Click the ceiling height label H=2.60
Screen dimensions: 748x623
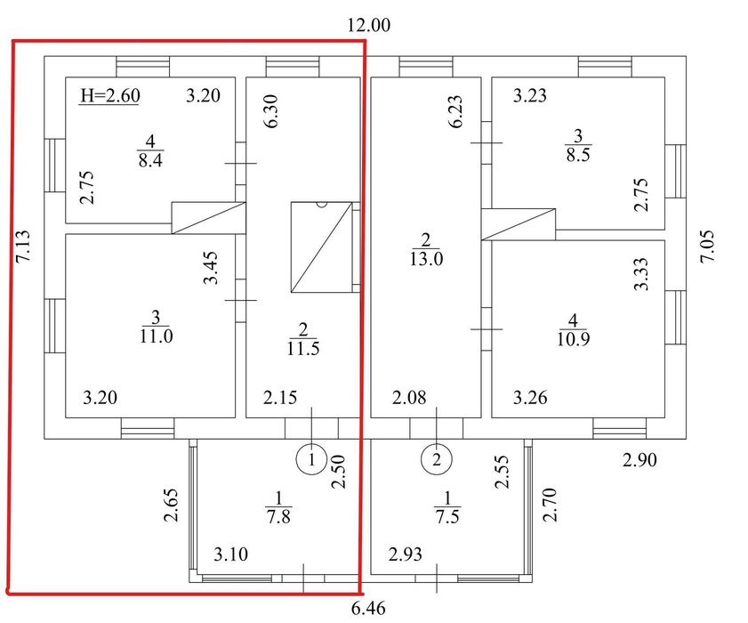(109, 95)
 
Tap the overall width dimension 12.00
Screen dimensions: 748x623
(368, 25)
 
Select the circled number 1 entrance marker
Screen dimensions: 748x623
(311, 460)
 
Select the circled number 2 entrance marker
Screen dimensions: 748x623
(437, 460)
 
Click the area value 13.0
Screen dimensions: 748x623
(426, 259)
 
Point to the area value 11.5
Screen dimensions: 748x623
(303, 349)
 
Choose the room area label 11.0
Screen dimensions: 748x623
(156, 336)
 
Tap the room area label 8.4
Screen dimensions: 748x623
(150, 160)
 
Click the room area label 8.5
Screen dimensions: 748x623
(578, 155)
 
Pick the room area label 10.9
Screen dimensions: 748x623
(573, 339)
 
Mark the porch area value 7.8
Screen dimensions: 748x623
(278, 516)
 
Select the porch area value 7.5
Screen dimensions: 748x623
(447, 516)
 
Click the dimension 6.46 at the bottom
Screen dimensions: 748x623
(368, 609)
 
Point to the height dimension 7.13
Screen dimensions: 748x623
(23, 247)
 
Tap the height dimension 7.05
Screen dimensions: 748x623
(707, 247)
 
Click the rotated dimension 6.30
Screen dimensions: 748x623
(270, 111)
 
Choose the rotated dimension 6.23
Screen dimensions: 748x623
(455, 111)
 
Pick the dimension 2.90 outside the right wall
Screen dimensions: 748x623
(639, 460)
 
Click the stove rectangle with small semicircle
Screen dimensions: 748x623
(322, 247)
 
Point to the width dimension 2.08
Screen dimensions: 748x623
(409, 397)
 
